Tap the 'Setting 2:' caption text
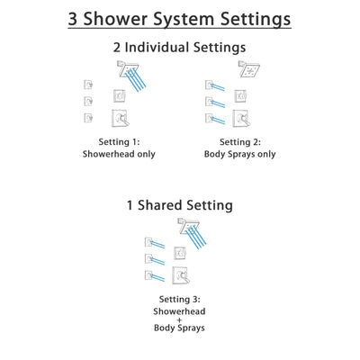238,141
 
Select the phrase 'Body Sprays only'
238,154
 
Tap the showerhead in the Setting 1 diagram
125,68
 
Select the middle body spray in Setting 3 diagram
148,258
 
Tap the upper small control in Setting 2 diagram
240,94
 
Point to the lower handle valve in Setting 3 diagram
182,274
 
